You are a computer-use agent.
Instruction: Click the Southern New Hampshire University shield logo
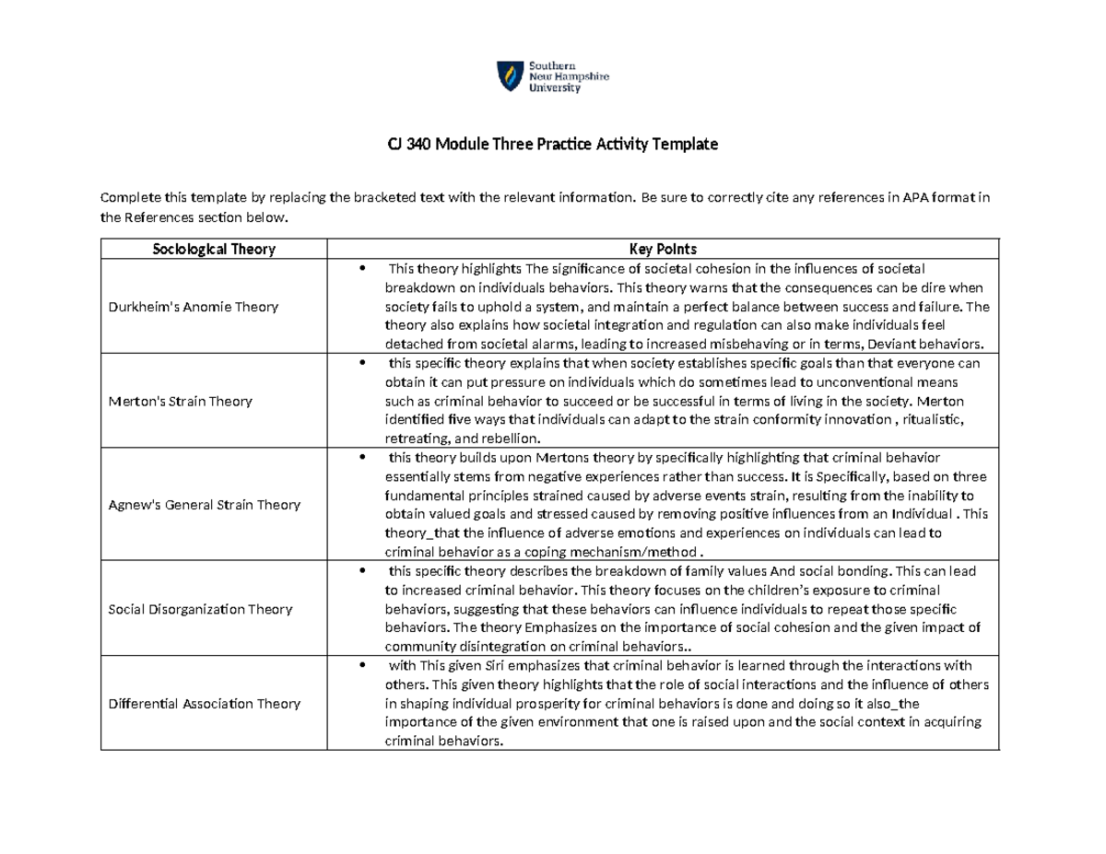click(508, 76)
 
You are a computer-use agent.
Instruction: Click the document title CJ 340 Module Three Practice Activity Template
click(552, 146)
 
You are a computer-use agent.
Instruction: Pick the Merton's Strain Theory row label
click(181, 401)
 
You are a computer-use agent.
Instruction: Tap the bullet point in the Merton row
click(363, 363)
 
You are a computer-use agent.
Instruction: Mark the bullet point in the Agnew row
click(363, 457)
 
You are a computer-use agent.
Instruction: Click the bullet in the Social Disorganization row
click(363, 571)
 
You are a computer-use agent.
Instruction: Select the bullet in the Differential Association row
click(363, 666)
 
